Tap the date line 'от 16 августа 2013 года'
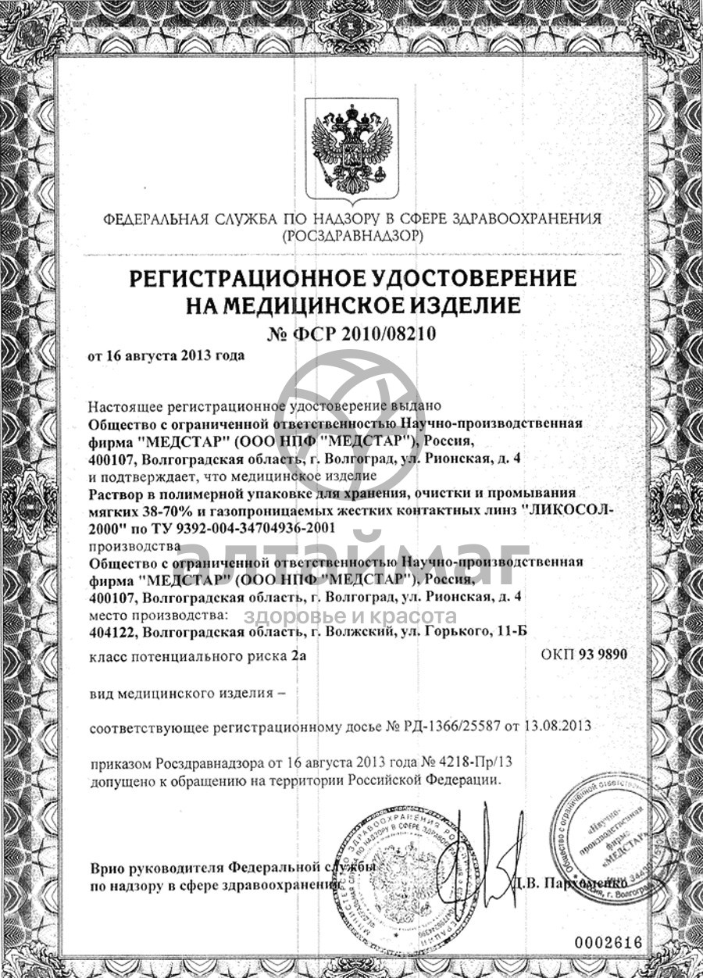click(x=166, y=356)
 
